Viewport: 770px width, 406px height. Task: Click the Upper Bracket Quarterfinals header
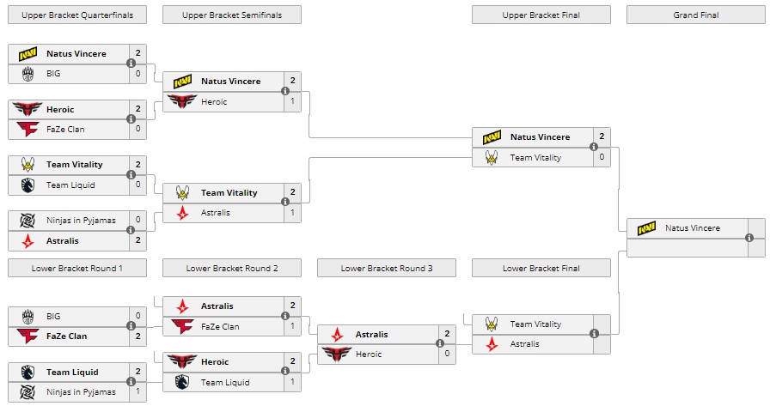click(x=76, y=15)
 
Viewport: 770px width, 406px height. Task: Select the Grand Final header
click(x=695, y=15)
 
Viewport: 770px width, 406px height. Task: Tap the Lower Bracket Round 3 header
click(x=386, y=268)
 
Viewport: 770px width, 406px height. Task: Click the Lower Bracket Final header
click(x=541, y=268)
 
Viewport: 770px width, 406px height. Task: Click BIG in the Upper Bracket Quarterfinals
click(x=53, y=74)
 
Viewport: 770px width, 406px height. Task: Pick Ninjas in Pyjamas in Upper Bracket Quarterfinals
click(x=81, y=221)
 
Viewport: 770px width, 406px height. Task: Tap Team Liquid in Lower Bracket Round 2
click(x=225, y=382)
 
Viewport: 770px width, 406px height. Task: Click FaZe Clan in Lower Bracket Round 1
click(x=66, y=336)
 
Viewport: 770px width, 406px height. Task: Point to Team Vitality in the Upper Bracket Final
click(x=535, y=158)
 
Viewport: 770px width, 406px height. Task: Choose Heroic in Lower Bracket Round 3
click(x=370, y=354)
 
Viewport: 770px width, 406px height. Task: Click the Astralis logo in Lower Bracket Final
click(x=492, y=344)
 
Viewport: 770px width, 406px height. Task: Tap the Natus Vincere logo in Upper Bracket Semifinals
click(x=182, y=82)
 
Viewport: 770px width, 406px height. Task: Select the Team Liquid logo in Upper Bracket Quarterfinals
click(x=27, y=185)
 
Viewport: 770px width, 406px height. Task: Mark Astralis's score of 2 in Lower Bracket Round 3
click(x=447, y=334)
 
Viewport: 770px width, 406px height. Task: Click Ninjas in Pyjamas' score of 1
click(x=137, y=392)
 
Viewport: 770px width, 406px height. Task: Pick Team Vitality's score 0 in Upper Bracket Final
click(x=602, y=158)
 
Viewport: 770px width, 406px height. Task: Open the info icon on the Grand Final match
click(x=749, y=238)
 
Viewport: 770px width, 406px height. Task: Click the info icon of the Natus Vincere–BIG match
click(x=131, y=64)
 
